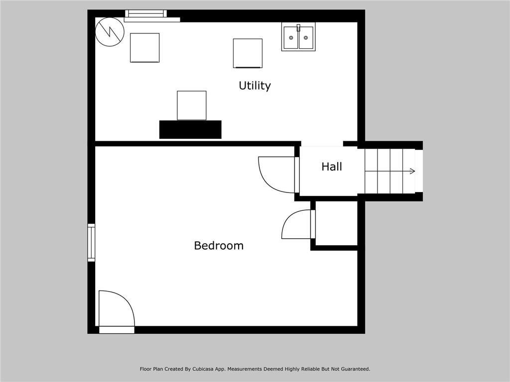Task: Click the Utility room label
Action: (x=255, y=86)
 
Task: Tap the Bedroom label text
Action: (x=219, y=245)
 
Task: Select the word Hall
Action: (x=331, y=167)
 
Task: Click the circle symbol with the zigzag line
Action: (x=110, y=32)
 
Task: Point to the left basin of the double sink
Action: (x=291, y=38)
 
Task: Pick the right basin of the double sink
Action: (x=306, y=38)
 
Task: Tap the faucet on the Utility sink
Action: (x=298, y=28)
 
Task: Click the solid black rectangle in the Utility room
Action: (x=190, y=130)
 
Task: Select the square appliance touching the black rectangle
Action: (x=192, y=105)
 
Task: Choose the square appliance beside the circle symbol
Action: (x=145, y=48)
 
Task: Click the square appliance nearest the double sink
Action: (x=248, y=53)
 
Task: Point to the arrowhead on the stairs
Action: (x=412, y=171)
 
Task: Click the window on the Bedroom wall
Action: (x=92, y=242)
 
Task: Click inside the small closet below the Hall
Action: (x=336, y=223)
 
